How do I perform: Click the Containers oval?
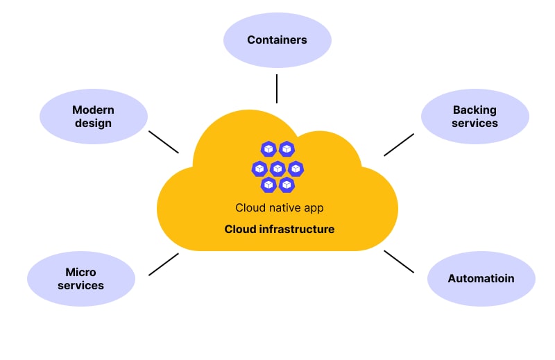tap(277, 40)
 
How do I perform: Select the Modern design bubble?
tap(94, 117)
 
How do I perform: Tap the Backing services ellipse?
tap(475, 117)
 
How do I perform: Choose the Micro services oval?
tap(81, 279)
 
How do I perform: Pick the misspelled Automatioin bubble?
tap(481, 279)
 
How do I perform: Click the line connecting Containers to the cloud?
tap(277, 88)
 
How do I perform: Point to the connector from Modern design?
tap(164, 142)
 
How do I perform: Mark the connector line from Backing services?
tap(399, 144)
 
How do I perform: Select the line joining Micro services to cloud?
tap(164, 264)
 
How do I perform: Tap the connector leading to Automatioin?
tap(399, 262)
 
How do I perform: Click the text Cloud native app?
tap(279, 207)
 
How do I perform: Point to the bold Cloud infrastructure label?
tap(279, 229)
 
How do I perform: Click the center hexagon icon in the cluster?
tap(277, 168)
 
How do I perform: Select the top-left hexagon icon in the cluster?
tap(268, 149)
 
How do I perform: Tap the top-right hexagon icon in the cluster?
tap(287, 149)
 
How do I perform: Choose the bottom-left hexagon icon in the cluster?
tap(268, 185)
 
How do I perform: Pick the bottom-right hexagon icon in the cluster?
tap(287, 185)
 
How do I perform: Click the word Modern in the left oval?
tap(93, 110)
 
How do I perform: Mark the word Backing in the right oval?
tap(475, 110)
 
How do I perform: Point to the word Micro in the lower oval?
tap(80, 272)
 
